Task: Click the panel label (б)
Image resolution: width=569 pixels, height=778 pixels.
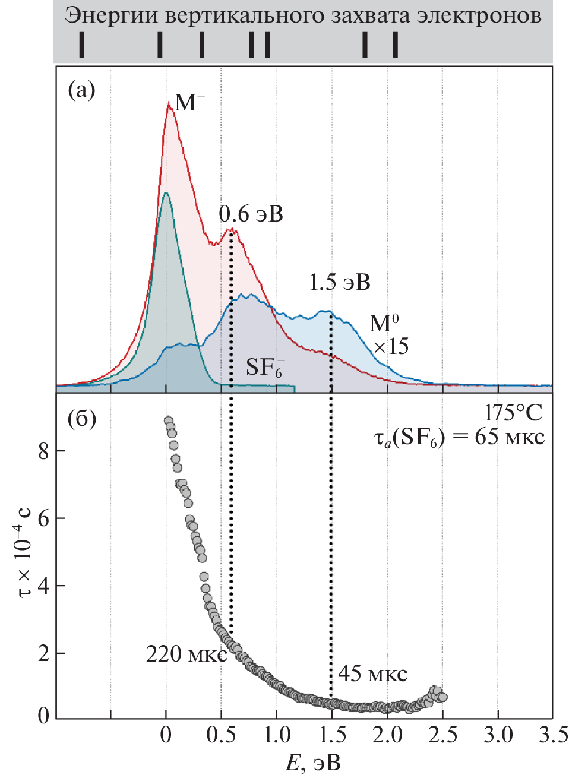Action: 81,419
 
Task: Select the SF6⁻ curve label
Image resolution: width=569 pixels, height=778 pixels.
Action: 265,368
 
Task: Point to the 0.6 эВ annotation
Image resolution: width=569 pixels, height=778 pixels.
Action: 251,214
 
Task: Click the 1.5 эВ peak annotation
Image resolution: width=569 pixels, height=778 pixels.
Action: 339,282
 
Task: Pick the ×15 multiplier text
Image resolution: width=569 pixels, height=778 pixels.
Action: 390,346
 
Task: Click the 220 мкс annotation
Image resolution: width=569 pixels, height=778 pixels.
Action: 186,654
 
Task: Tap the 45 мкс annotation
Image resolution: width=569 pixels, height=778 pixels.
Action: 372,674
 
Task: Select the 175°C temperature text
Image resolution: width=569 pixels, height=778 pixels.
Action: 513,413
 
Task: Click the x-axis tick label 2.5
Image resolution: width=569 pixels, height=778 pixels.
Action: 442,735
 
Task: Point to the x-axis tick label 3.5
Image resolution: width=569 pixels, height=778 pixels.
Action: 553,735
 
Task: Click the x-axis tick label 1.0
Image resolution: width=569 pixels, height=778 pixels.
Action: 276,735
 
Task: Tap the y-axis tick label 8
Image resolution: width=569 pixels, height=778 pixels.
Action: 43,451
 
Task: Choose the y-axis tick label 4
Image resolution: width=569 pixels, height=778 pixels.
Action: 43,587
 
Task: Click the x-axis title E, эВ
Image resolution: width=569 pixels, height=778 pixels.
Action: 313,763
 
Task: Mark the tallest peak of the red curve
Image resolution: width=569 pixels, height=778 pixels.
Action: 169,103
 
